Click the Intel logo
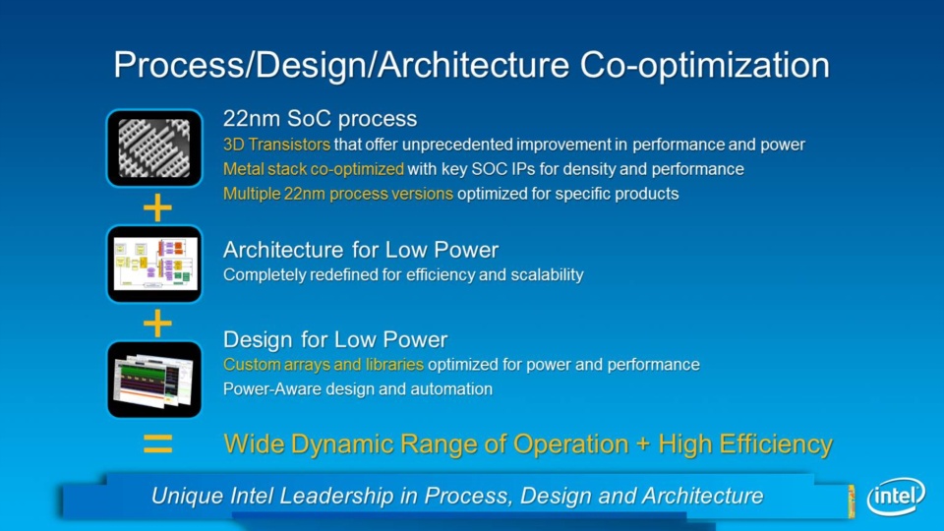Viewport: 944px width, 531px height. pos(896,496)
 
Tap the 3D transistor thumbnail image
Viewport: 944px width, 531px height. pos(154,148)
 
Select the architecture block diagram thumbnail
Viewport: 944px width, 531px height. pos(154,264)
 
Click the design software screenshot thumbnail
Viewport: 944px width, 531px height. pos(154,380)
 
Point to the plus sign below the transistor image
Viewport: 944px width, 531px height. pos(157,207)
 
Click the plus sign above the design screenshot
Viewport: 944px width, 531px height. pos(157,324)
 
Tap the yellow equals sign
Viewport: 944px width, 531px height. pos(157,443)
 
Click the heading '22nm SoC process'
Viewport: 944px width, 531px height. pos(320,119)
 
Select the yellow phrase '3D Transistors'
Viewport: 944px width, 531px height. pos(276,145)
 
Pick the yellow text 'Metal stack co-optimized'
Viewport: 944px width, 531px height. pos(313,169)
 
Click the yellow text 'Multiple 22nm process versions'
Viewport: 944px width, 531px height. pos(337,194)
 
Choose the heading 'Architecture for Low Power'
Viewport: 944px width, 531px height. pos(361,249)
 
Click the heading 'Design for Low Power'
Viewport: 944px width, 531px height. pos(335,339)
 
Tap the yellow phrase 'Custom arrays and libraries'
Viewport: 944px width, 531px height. pos(324,365)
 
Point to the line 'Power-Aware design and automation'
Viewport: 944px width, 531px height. pos(358,389)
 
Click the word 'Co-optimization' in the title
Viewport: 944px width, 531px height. pos(704,65)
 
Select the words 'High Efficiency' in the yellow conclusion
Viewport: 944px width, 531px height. pos(745,444)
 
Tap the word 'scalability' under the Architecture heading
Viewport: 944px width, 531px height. pos(548,275)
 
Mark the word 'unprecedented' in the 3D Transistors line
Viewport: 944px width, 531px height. pos(457,146)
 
